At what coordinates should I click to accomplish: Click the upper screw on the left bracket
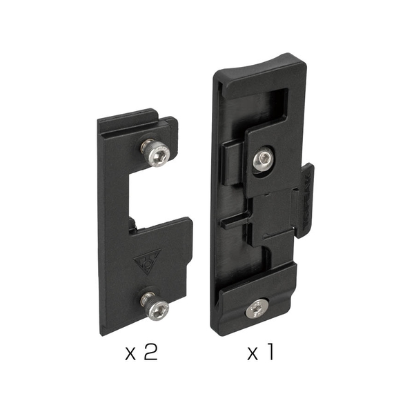(x=155, y=153)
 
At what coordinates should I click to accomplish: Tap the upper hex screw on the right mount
(x=264, y=159)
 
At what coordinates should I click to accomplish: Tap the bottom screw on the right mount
(x=257, y=309)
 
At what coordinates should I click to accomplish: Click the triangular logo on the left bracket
(x=147, y=261)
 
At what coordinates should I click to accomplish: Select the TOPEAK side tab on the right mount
(x=306, y=200)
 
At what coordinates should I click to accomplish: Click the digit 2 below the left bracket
(x=151, y=353)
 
